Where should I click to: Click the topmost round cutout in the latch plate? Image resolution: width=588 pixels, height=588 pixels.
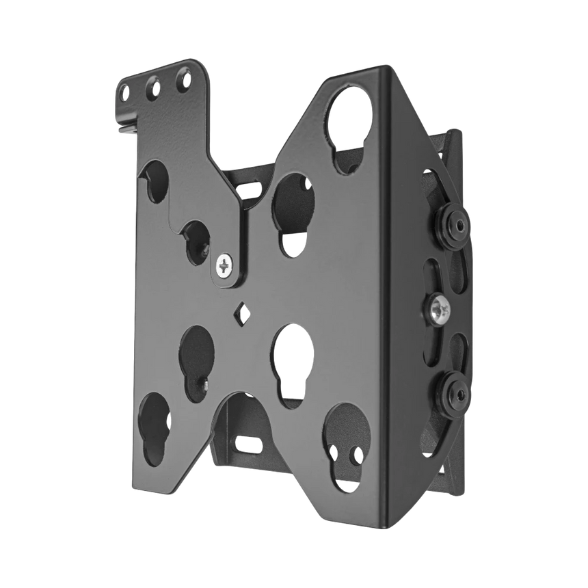(x=155, y=182)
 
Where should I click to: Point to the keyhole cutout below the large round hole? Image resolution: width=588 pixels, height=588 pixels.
(x=292, y=205)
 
